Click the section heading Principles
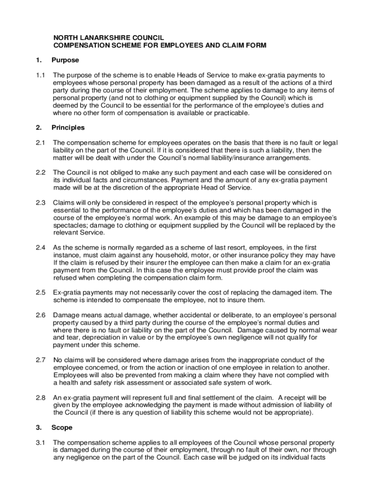click(68, 128)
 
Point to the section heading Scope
click(62, 427)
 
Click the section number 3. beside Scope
click(38, 427)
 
